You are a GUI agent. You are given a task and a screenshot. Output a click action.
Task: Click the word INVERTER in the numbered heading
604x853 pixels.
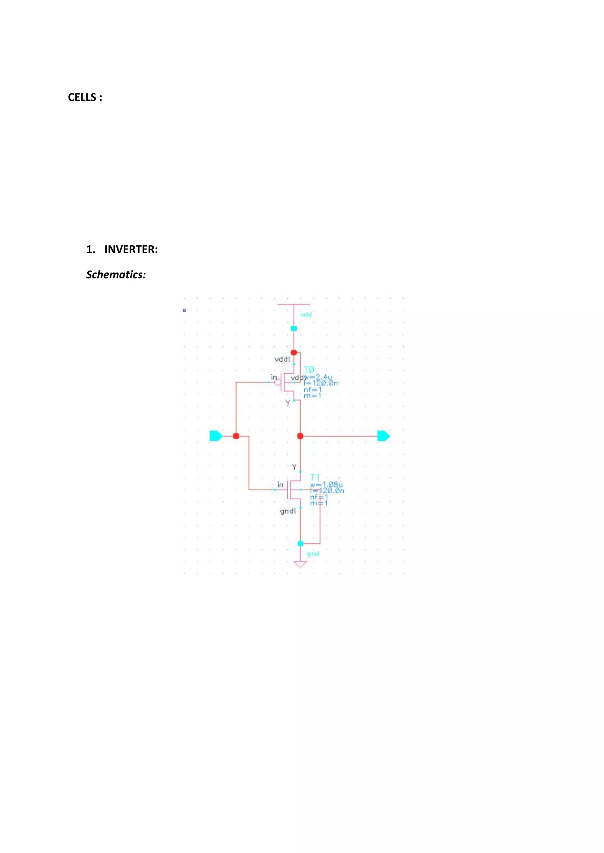point(131,249)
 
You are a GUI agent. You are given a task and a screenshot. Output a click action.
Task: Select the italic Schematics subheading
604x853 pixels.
point(116,275)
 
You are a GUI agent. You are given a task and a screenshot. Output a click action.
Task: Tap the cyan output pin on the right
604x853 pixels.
point(383,436)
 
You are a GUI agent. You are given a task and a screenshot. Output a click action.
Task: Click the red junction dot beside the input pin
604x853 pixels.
point(236,436)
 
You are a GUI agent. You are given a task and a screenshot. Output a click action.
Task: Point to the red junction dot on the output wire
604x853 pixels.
point(300,436)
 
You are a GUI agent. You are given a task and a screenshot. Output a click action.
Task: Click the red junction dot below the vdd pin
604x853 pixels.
point(294,352)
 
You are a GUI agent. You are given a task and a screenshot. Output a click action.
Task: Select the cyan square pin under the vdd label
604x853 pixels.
point(294,328)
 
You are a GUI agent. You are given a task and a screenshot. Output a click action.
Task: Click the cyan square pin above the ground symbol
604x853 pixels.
point(301,543)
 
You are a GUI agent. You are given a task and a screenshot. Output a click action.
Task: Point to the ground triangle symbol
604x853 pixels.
point(300,564)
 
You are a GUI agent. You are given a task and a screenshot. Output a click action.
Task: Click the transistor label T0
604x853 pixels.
point(309,370)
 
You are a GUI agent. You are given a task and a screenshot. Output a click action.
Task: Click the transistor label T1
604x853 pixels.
point(315,477)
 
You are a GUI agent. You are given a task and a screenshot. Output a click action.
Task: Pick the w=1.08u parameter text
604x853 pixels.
point(326,485)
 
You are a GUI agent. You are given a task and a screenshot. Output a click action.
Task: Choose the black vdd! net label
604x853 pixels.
point(282,359)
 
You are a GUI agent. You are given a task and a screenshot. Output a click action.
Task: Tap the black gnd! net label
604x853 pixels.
point(288,511)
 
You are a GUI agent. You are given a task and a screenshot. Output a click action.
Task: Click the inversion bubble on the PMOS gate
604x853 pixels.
point(278,382)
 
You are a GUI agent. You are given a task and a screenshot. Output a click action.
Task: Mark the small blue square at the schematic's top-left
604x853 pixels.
point(184,310)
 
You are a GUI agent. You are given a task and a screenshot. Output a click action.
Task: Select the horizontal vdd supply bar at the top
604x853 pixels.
point(294,304)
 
